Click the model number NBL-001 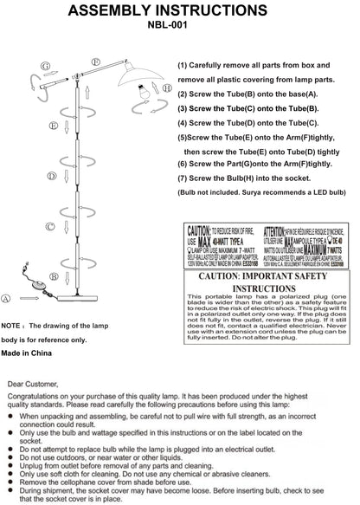[x=179, y=27]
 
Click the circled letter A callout [x=7, y=297]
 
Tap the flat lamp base [x=98, y=296]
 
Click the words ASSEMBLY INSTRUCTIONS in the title [x=179, y=10]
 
